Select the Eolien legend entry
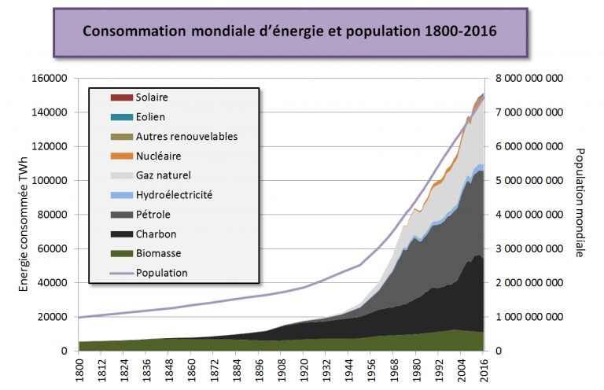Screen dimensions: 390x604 coord(150,117)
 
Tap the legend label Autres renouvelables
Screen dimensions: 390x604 coord(186,136)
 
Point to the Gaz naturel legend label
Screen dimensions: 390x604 coord(163,175)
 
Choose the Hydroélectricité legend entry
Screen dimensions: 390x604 coord(173,194)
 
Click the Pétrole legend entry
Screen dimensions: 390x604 coord(153,214)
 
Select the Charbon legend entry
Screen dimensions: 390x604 coord(156,234)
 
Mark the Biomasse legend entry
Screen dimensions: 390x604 coord(158,253)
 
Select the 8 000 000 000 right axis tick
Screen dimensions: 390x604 coord(527,79)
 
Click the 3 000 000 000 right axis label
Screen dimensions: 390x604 coord(527,249)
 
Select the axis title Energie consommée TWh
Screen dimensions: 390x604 coord(24,214)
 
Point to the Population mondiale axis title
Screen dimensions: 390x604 coord(580,203)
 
